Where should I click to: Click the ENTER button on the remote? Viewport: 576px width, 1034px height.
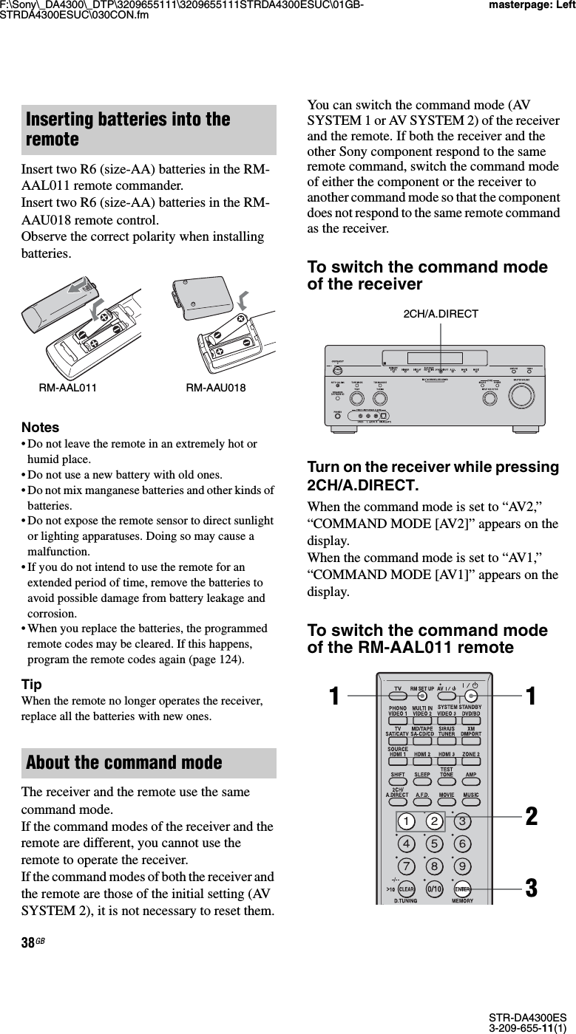[x=463, y=889]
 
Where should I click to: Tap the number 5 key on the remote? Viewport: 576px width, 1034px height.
[x=435, y=843]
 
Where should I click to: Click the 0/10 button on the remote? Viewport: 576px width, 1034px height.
[x=435, y=889]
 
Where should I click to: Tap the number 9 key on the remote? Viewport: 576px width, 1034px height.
[x=463, y=866]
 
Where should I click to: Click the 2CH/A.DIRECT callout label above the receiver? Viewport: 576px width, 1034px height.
[x=441, y=314]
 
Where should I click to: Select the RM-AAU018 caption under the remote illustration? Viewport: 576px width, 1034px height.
[x=216, y=387]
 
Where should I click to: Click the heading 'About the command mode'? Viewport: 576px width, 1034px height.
[x=123, y=762]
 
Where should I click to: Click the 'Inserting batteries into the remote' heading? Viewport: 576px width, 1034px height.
[x=128, y=129]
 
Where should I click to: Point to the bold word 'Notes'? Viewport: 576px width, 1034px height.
[x=41, y=427]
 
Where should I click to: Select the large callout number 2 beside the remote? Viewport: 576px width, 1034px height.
[x=529, y=817]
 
